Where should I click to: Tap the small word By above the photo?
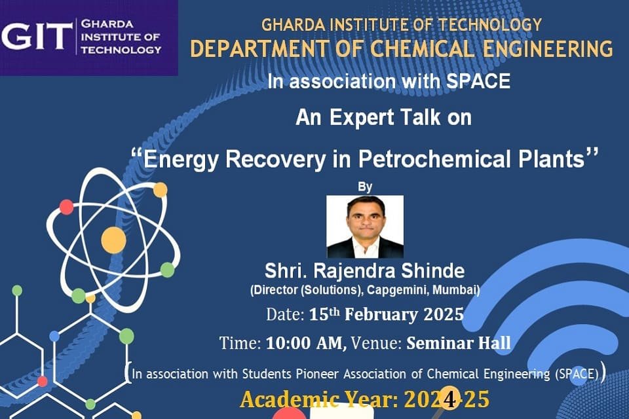point(365,187)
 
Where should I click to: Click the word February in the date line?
point(381,314)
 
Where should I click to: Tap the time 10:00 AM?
point(306,343)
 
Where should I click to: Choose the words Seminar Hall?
point(459,343)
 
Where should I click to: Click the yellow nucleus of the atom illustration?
point(113,240)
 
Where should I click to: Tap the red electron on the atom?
point(67,207)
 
